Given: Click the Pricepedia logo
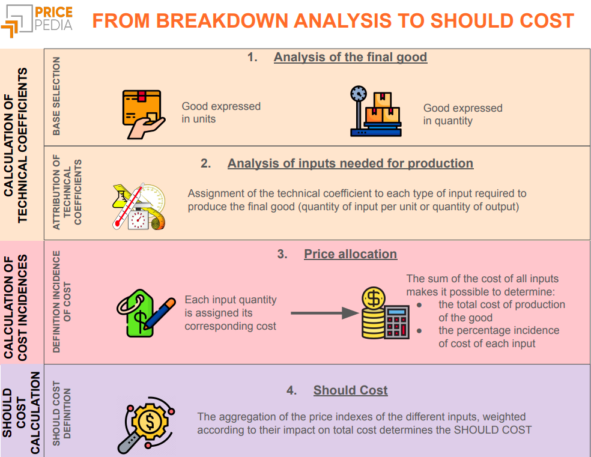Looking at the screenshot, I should point(37,19).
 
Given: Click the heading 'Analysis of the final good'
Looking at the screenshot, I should point(350,58).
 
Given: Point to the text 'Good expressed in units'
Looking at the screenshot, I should point(221,112).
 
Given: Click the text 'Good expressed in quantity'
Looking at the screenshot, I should point(462,114).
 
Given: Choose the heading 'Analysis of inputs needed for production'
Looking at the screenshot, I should point(350,163).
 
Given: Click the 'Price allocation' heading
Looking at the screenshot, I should point(350,254).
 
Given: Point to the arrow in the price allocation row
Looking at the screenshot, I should point(324,313).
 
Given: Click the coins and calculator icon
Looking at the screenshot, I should point(384,313).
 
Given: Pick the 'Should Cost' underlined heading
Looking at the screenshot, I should point(350,390).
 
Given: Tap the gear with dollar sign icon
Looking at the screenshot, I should point(147,423).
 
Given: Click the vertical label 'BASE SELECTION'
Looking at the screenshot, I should point(56,96).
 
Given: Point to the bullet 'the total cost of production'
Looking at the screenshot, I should point(502,304).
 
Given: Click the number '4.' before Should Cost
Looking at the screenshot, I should point(292,390).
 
